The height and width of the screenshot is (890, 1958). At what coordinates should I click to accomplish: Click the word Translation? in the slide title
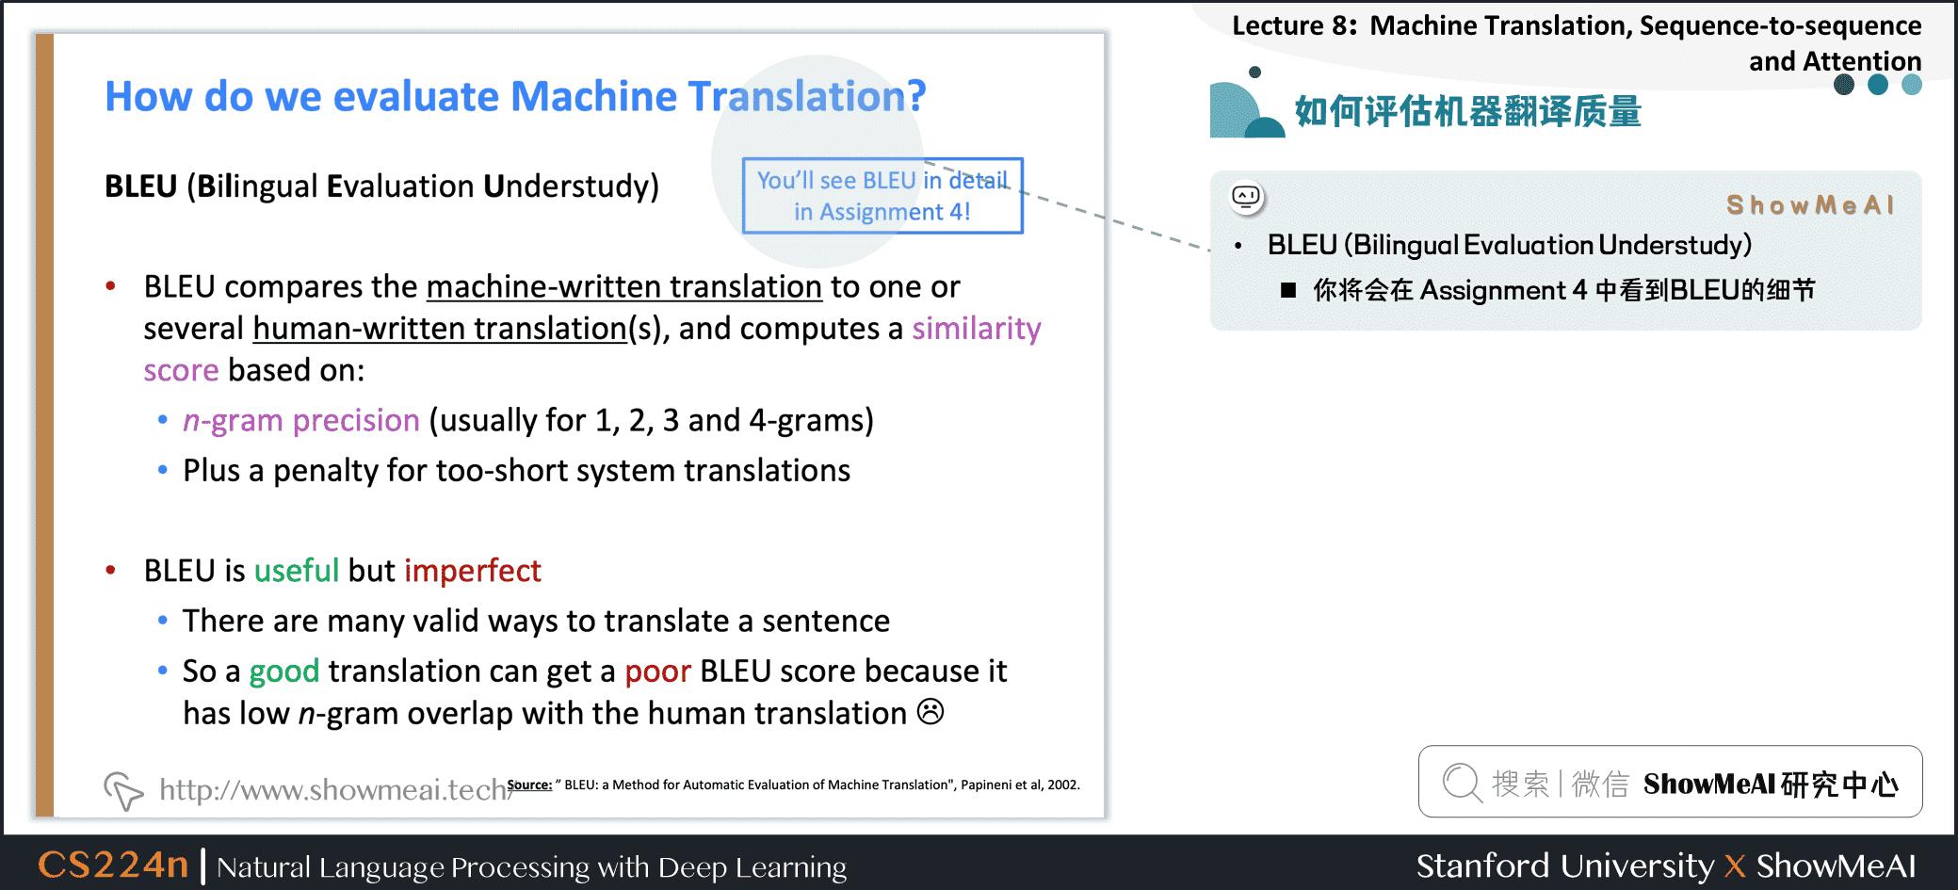coord(806,96)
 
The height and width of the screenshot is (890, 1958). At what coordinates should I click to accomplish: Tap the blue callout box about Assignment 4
coord(882,196)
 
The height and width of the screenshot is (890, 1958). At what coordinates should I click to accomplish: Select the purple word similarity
coord(976,329)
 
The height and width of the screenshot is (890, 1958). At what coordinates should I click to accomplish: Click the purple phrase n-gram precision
coord(301,420)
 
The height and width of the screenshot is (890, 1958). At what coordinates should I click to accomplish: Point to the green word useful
coord(297,571)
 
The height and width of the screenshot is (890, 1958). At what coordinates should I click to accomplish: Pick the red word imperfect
coord(473,571)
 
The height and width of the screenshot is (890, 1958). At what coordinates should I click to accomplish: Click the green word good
coord(284,672)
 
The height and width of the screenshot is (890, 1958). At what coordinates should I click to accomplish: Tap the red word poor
coord(657,672)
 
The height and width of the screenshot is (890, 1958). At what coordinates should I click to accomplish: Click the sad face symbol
coord(930,712)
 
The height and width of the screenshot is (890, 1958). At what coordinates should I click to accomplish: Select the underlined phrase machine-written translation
coord(624,287)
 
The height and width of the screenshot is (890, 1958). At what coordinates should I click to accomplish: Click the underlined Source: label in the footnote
coord(529,785)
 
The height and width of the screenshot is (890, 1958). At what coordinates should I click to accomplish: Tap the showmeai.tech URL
coord(334,789)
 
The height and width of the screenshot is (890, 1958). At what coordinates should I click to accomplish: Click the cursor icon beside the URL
coord(123,790)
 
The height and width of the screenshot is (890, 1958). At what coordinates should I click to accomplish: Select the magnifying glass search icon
coord(1461,783)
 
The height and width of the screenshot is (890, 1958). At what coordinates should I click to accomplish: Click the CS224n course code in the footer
coord(113,865)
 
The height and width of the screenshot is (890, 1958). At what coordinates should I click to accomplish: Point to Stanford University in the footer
coord(1564,866)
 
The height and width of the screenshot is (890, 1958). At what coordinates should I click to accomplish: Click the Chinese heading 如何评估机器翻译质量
coord(1467,112)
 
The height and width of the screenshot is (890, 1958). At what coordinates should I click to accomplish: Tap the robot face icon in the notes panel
coord(1246,197)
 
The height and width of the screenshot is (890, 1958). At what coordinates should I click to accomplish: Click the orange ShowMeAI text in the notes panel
coord(1809,204)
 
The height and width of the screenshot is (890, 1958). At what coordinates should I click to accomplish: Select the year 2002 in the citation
coord(1063,785)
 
